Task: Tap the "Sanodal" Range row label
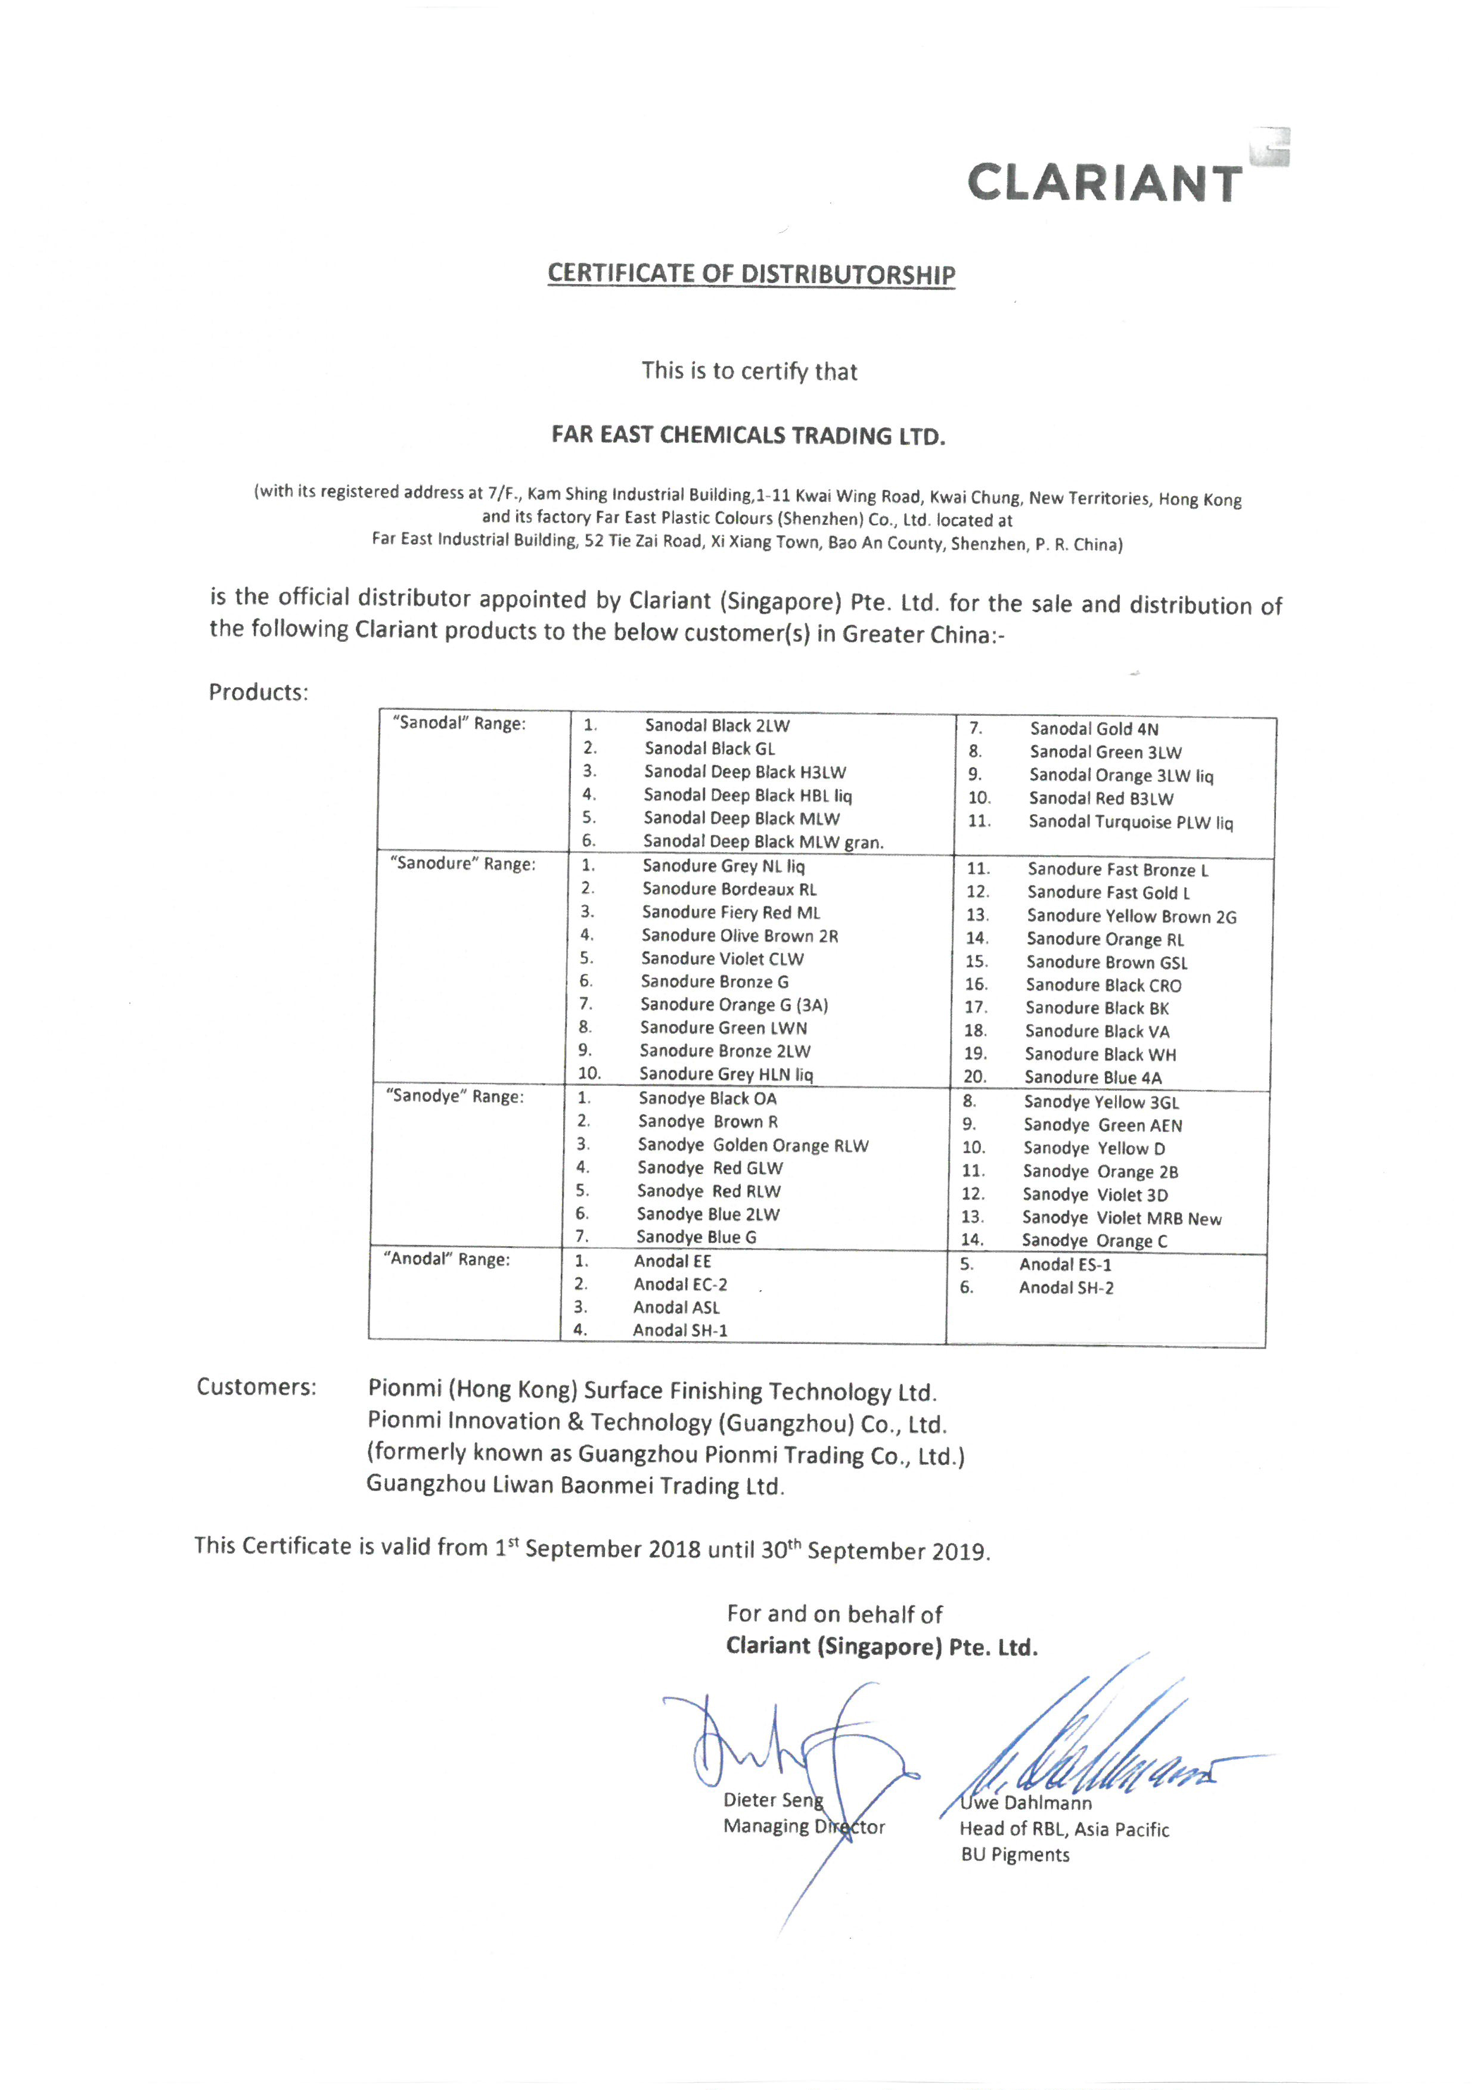(x=459, y=723)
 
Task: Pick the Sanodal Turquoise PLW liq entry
(x=1131, y=822)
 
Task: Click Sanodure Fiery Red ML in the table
(x=731, y=912)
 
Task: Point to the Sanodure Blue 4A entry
(x=1093, y=1077)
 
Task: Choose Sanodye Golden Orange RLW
(x=753, y=1145)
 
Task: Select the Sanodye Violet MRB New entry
(x=1121, y=1218)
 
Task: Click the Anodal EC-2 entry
(x=680, y=1284)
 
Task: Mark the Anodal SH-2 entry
(x=1066, y=1288)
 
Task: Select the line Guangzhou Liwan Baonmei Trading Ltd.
(x=575, y=1486)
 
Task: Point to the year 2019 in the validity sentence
(x=958, y=1551)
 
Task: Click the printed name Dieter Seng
(x=773, y=1800)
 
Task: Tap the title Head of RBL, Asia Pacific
(x=1064, y=1830)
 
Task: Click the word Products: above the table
(x=259, y=692)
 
